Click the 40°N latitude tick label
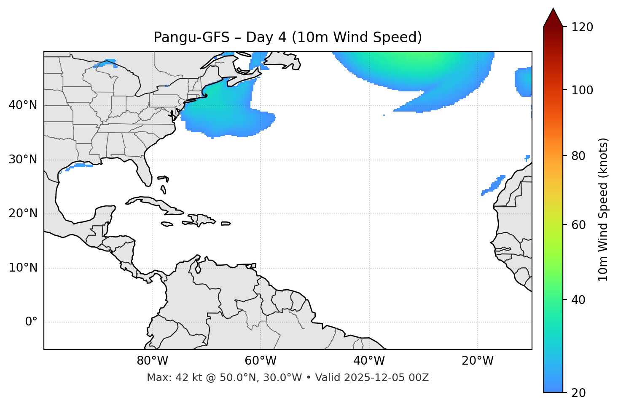click(23, 105)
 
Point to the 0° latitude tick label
click(31, 322)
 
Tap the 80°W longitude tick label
click(152, 361)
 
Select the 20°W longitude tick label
click(478, 361)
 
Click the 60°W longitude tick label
click(260, 361)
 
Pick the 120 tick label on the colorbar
click(582, 27)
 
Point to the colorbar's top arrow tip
click(553, 8)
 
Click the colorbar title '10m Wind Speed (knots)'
click(603, 209)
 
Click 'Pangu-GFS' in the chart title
click(191, 37)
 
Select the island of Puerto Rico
click(226, 224)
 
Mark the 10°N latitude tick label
click(23, 268)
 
